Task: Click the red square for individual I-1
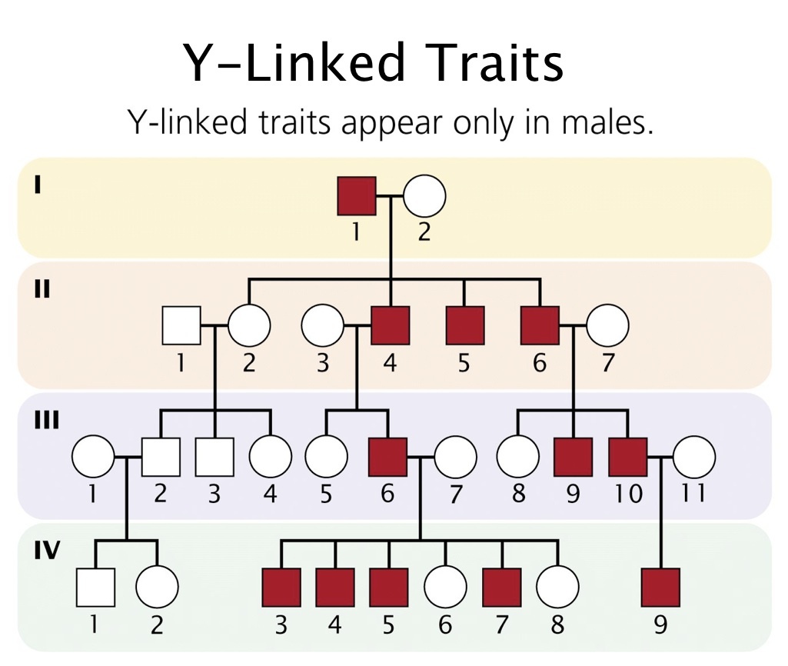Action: pyautogui.click(x=357, y=196)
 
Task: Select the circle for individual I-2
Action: pyautogui.click(x=424, y=196)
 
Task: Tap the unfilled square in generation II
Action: pyautogui.click(x=181, y=325)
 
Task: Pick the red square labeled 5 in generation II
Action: pyautogui.click(x=465, y=325)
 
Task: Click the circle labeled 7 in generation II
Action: pyautogui.click(x=608, y=325)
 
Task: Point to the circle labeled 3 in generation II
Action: pyautogui.click(x=322, y=325)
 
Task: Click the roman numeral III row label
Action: pyautogui.click(x=45, y=421)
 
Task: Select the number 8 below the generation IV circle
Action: pyautogui.click(x=557, y=624)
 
